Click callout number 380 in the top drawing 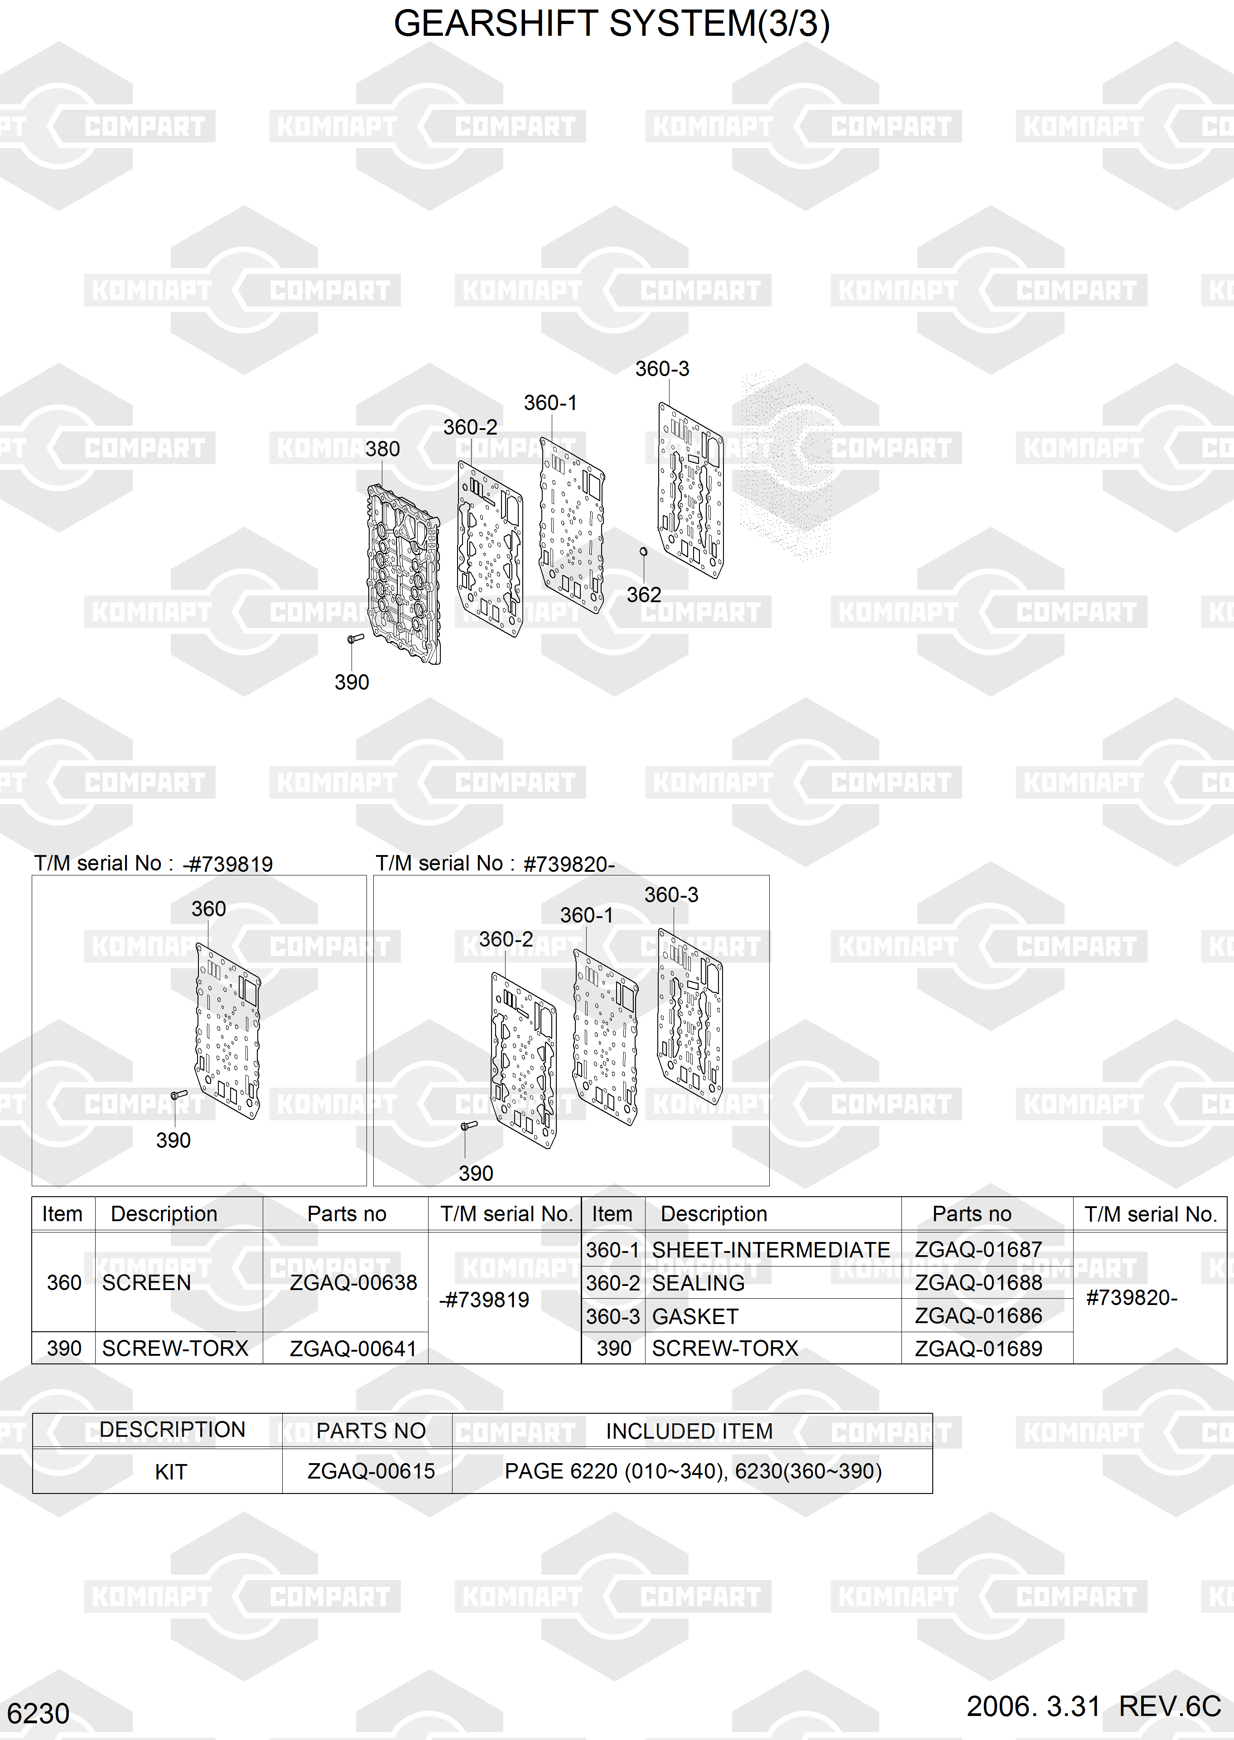click(382, 449)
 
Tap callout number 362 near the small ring click(644, 595)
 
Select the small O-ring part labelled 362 click(644, 551)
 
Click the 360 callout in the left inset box click(209, 909)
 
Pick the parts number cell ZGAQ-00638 click(353, 1283)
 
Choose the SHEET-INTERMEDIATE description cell click(771, 1250)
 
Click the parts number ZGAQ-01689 click(979, 1348)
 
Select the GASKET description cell click(695, 1316)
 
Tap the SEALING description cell click(698, 1283)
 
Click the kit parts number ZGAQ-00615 click(371, 1472)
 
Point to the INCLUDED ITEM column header click(689, 1431)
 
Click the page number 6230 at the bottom click(38, 1713)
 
